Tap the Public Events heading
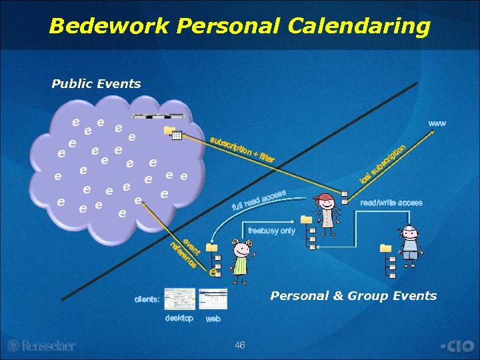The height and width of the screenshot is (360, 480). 96,84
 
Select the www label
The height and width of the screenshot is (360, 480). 437,123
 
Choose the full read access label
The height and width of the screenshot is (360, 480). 259,198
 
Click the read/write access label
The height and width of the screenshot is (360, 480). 391,203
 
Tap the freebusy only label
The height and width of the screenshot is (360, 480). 271,231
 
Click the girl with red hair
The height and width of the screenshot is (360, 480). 327,211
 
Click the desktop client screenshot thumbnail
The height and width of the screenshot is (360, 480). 179,299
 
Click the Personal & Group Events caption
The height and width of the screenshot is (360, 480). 353,296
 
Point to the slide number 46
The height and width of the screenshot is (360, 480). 240,345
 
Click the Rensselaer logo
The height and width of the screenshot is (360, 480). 41,345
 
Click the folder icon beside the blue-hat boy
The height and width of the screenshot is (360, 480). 385,248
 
